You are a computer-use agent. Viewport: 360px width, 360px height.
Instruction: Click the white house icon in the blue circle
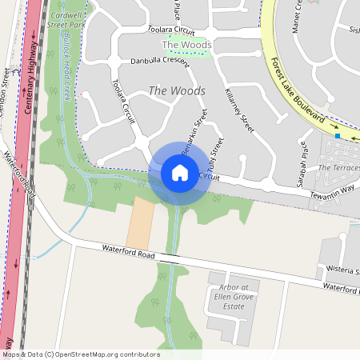tap(180, 172)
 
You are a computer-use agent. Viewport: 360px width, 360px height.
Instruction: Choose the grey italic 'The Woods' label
tap(177, 91)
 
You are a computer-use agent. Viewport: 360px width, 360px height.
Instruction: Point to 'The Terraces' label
tap(338, 168)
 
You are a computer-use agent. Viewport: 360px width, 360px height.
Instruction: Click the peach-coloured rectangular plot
tap(141, 222)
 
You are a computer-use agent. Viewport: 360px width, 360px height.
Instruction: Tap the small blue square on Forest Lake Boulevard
tap(338, 137)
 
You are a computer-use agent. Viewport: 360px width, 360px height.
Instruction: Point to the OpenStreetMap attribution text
tap(81, 354)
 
